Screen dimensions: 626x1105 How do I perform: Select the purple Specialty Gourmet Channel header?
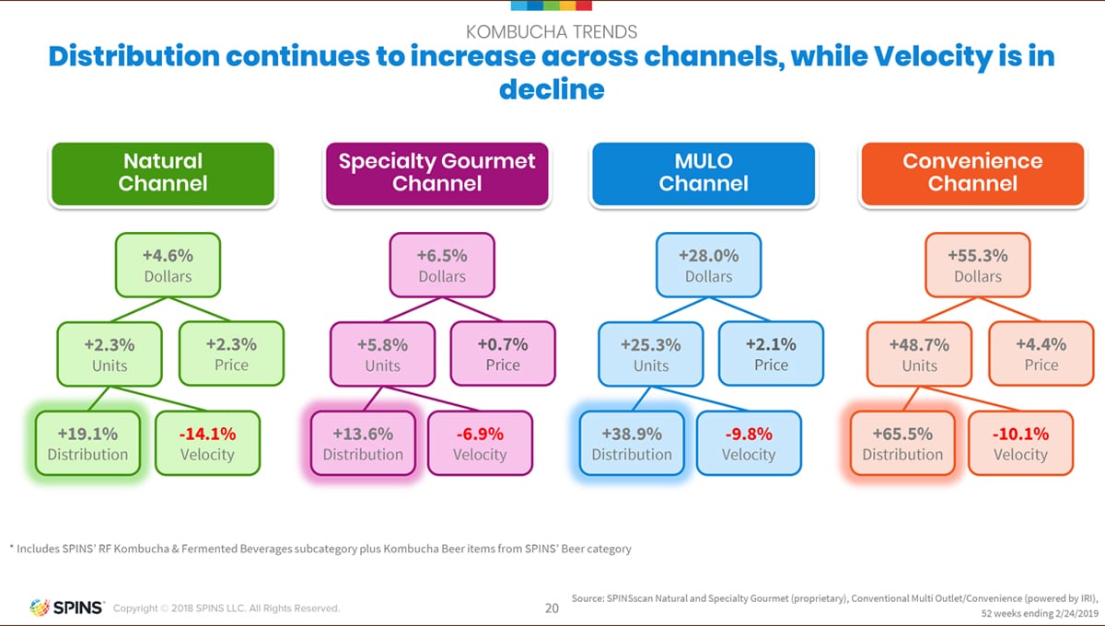click(436, 173)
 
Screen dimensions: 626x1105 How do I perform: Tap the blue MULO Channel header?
click(703, 173)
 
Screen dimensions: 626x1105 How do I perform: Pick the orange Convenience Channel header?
click(972, 173)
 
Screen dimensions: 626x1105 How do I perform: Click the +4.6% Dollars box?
click(168, 265)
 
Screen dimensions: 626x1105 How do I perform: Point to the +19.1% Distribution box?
click(87, 443)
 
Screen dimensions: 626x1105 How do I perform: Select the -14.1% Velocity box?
click(207, 443)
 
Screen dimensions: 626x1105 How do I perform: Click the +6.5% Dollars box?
click(442, 265)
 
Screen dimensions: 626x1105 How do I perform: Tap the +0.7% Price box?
click(502, 354)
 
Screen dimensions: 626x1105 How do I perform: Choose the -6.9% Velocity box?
click(480, 443)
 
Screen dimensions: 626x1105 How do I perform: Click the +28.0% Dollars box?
click(708, 265)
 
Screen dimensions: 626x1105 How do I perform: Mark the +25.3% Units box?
click(651, 354)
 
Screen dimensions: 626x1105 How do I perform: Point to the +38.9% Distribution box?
click(631, 443)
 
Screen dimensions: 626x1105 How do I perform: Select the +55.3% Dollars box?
click(977, 265)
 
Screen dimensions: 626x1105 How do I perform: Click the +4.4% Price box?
click(1041, 354)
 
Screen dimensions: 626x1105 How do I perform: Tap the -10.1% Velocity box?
click(1020, 443)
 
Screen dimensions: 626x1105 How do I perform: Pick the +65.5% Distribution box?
click(901, 443)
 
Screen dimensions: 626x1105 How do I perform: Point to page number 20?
click(552, 608)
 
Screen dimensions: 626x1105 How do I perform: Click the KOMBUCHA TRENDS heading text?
click(552, 32)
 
